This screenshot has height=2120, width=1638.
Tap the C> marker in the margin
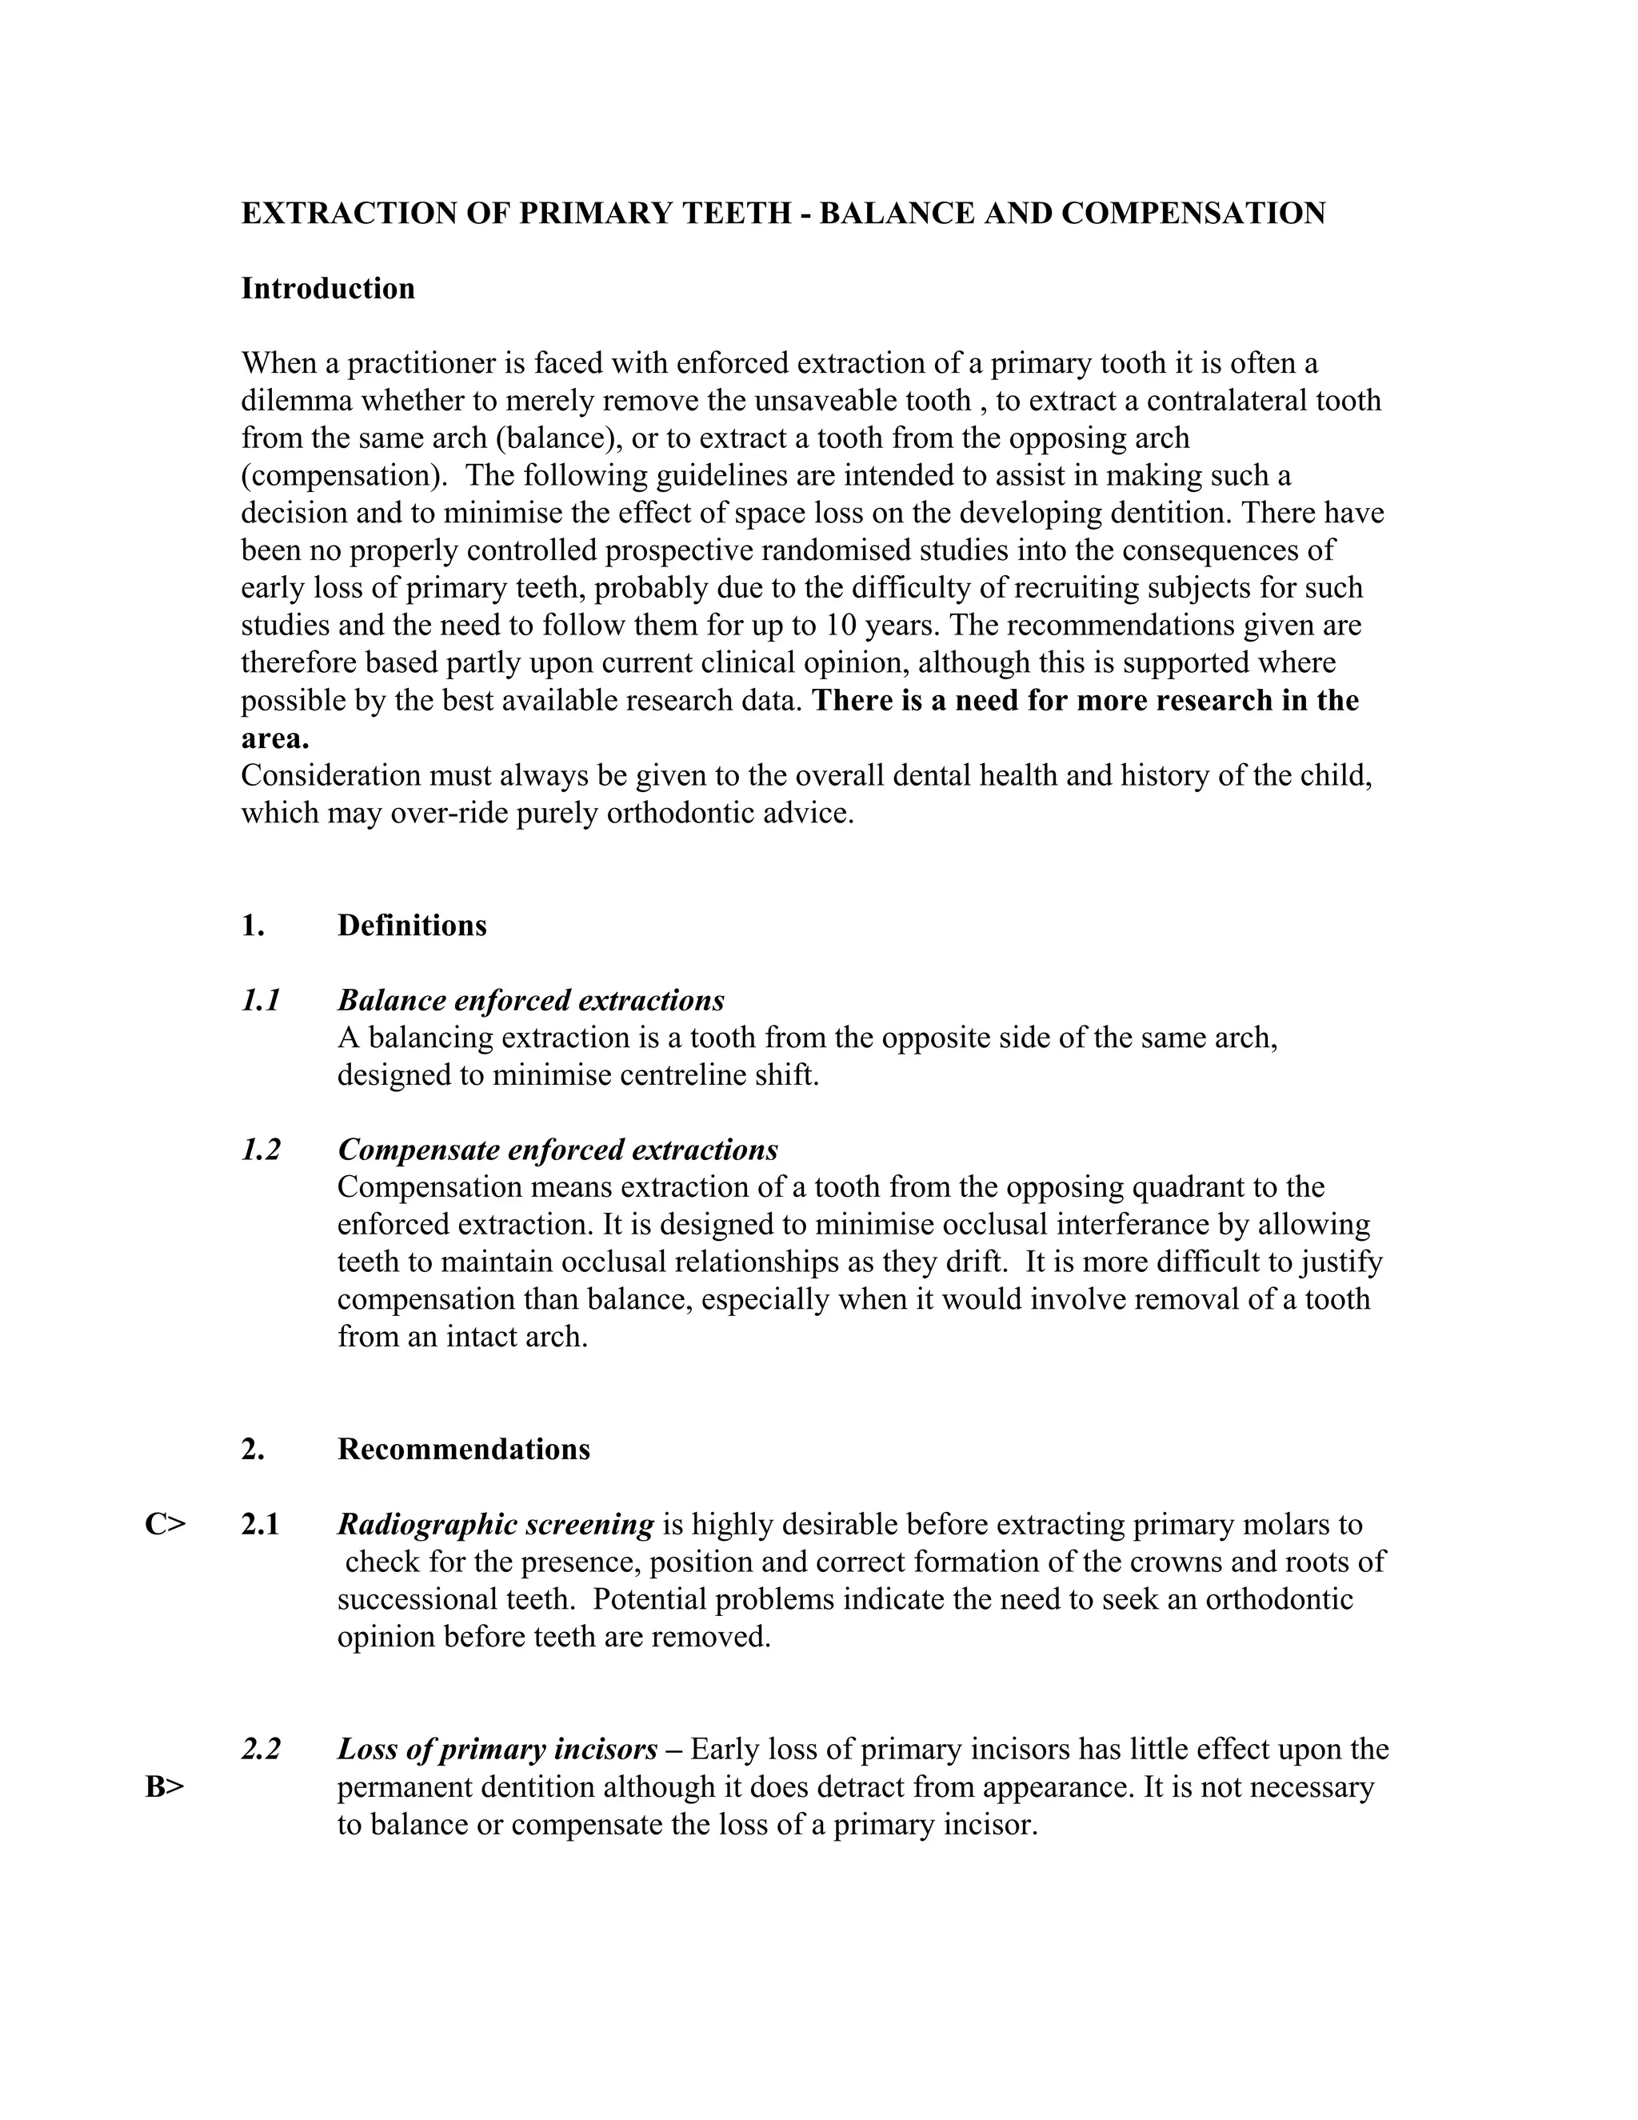pos(165,1524)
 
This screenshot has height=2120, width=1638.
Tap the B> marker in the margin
pos(165,1786)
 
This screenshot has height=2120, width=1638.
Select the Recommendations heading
pos(463,1450)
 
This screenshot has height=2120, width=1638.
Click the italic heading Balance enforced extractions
pos(531,1000)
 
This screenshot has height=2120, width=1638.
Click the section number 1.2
pos(261,1150)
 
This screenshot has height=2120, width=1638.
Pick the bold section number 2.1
pos(261,1524)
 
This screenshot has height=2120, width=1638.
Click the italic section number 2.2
pos(261,1749)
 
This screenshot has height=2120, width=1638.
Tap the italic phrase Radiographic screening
pos(495,1524)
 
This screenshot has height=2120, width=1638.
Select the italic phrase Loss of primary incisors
pos(497,1749)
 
